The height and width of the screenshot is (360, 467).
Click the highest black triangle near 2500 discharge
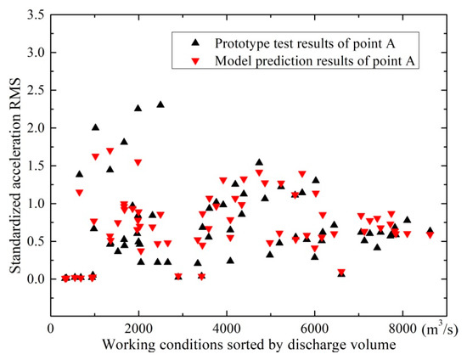160,104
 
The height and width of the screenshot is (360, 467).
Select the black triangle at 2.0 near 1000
95,127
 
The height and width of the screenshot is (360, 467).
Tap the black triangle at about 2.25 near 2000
138,108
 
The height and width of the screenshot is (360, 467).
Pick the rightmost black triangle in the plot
430,230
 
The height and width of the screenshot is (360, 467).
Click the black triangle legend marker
195,43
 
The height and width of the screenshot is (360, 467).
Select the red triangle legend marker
195,62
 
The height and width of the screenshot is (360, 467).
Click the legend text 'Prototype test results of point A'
305,43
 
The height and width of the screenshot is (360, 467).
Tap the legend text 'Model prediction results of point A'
315,61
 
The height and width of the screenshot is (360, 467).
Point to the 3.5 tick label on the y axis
36,14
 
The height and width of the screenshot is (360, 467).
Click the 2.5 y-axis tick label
36,90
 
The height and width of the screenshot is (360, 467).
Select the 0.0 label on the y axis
36,279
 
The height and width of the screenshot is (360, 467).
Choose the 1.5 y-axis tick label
36,166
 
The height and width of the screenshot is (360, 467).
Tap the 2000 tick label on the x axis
138,329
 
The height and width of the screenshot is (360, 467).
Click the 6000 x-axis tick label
314,329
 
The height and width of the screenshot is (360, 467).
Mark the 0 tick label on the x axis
51,329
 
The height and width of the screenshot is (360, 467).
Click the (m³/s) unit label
440,329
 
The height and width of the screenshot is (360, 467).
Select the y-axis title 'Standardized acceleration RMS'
15,176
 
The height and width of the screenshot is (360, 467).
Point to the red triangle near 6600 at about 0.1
341,272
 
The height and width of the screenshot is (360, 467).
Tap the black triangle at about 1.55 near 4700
259,162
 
